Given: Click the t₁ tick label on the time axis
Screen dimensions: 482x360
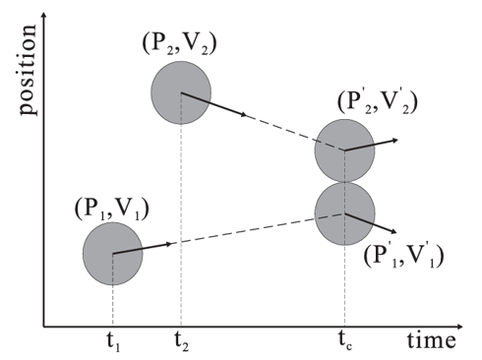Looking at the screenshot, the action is tap(113, 343).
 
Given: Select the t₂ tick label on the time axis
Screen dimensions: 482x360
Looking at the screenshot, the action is tap(182, 343).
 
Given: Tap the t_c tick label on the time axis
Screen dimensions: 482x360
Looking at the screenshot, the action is tap(345, 342).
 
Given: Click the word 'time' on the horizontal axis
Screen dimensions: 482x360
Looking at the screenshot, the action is tap(432, 340).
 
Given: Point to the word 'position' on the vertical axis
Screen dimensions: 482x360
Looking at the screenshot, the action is tap(29, 70).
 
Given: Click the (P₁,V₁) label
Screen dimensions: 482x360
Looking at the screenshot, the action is tap(112, 209).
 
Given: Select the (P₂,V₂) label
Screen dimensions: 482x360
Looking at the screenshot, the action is tap(179, 43).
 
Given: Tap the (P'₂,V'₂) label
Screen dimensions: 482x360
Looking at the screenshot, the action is tap(378, 101).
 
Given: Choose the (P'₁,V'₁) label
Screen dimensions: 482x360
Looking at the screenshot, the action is tap(403, 256).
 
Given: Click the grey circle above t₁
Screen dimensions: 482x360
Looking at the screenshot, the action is tap(113, 254).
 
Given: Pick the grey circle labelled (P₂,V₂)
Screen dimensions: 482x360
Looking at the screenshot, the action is tap(181, 92).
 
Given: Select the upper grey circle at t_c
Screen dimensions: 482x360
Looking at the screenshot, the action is tap(344, 150).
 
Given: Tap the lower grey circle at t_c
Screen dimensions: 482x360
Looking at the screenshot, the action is tap(344, 213).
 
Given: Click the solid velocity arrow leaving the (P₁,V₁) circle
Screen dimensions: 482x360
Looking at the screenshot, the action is tap(143, 249).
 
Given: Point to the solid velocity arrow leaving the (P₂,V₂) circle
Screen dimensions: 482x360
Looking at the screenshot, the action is tap(214, 104).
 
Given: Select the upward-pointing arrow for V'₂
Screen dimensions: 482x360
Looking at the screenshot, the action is tap(371, 145).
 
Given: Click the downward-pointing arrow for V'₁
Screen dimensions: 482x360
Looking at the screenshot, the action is tap(371, 223).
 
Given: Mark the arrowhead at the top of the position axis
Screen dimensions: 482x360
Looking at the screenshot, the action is tap(44, 17).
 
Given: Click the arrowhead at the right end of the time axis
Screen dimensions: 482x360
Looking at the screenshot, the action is tap(459, 327).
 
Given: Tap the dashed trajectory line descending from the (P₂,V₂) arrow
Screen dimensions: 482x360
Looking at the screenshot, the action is tap(295, 133).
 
